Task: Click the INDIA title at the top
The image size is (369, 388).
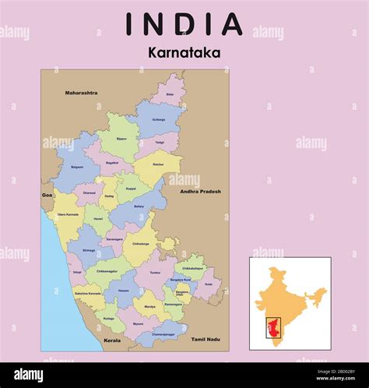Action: click(x=184, y=24)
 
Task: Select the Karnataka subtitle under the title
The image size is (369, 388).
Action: click(x=184, y=54)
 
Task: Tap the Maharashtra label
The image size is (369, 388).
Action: click(x=82, y=93)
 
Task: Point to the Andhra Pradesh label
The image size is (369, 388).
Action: click(x=200, y=191)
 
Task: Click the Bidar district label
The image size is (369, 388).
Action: click(x=170, y=93)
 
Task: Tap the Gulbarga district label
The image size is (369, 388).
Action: click(x=159, y=120)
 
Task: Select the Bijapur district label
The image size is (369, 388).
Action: click(x=121, y=139)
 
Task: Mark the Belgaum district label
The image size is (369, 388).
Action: click(x=77, y=167)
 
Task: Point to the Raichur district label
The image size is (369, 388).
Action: click(x=159, y=165)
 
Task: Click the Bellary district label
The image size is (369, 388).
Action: click(x=139, y=206)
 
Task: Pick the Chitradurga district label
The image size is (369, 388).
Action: click(x=141, y=243)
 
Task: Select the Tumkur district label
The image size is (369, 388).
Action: click(x=155, y=273)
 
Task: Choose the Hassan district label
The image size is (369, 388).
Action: click(x=123, y=290)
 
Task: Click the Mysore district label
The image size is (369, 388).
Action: click(x=138, y=323)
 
